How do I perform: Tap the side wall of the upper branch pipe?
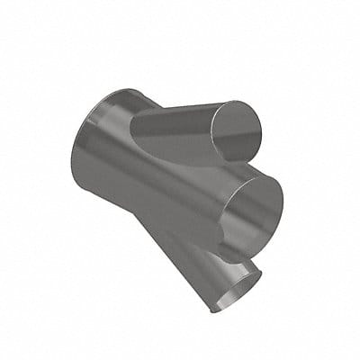pyautogui.click(x=184, y=131)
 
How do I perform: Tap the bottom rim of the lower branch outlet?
pyautogui.click(x=220, y=309)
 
